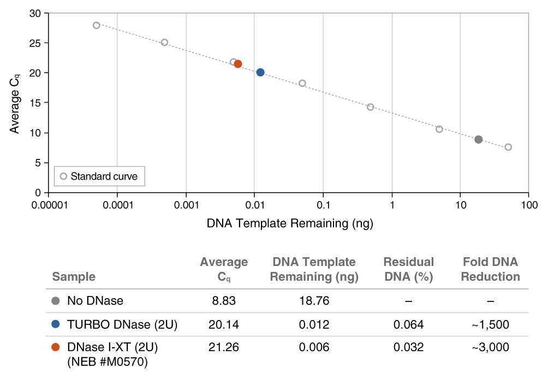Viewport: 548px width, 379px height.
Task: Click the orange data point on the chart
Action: [238, 64]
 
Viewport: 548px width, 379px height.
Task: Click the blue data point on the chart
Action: [260, 73]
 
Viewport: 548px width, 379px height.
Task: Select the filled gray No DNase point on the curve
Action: [478, 140]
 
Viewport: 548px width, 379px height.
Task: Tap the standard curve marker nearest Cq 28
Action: [97, 25]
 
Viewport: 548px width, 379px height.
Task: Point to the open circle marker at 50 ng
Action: [508, 147]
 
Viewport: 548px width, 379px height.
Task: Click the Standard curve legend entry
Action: [99, 176]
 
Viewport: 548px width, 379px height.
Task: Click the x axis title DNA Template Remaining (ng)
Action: [290, 223]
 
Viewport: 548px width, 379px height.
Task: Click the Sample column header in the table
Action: [74, 277]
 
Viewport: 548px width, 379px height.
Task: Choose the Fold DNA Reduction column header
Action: [490, 270]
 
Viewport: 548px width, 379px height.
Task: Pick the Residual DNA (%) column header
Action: [408, 270]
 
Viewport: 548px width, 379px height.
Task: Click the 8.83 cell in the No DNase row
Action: [224, 300]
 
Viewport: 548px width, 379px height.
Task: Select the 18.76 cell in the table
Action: [314, 300]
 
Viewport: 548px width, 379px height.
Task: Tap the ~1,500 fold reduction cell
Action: [490, 325]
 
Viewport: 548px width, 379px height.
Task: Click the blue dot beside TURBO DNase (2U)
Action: [55, 324]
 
